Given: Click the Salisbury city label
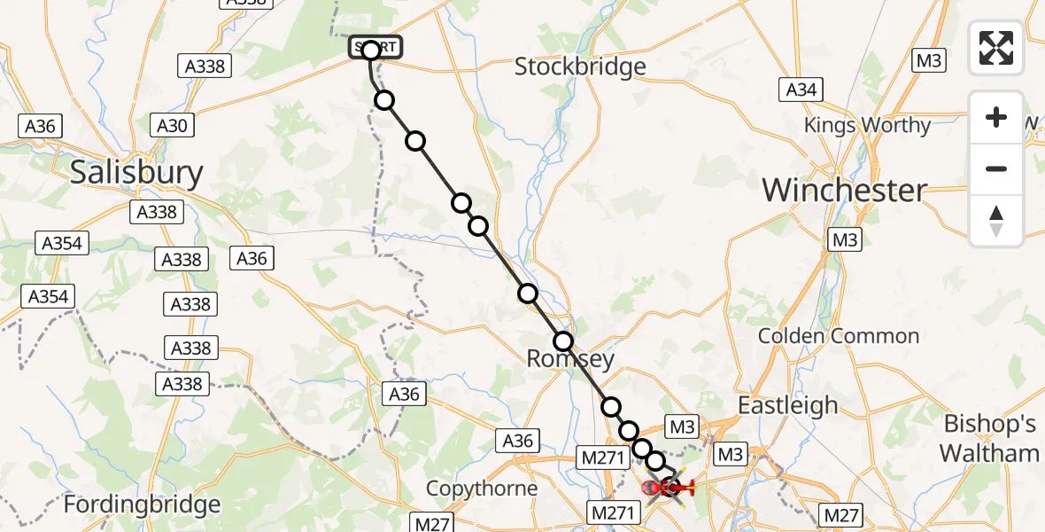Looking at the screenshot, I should [x=136, y=172].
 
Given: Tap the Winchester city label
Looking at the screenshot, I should [x=844, y=190].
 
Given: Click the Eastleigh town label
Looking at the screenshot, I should [x=787, y=405].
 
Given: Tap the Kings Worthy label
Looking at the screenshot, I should [x=867, y=126].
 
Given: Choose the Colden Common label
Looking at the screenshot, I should [x=838, y=336].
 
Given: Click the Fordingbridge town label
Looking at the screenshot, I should [x=142, y=505].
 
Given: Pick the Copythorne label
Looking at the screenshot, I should [x=482, y=489].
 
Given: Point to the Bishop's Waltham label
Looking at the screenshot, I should [x=988, y=438].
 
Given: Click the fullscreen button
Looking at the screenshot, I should [x=996, y=48].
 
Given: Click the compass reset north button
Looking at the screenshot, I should [x=996, y=221].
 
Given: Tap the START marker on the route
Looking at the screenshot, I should [x=376, y=47].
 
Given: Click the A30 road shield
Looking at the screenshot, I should [x=172, y=126].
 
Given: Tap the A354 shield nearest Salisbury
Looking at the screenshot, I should [x=64, y=243].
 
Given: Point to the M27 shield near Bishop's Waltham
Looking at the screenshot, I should [x=841, y=514].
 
